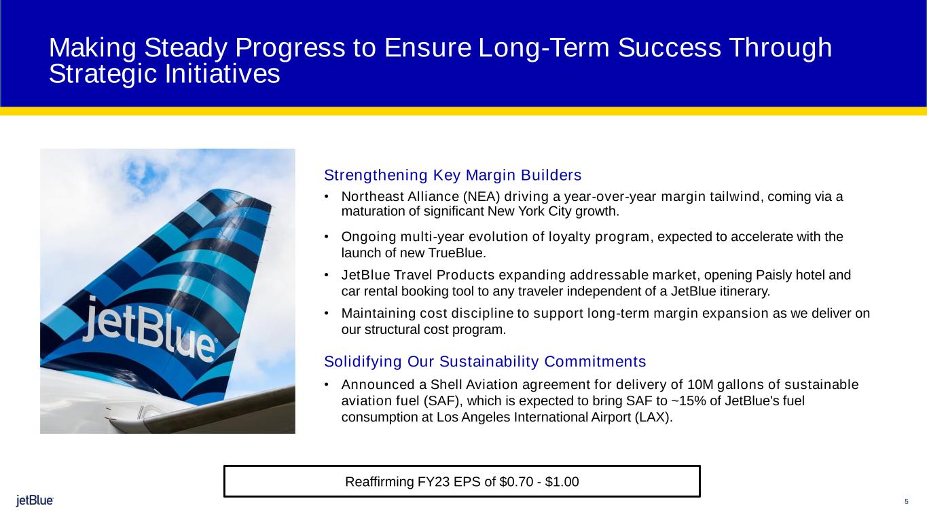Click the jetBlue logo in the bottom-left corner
pyautogui.click(x=35, y=500)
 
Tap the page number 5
pyautogui.click(x=907, y=502)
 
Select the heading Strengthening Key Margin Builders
pyautogui.click(x=453, y=175)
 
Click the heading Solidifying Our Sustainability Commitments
pyautogui.click(x=485, y=362)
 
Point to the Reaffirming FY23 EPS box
pyautogui.click(x=462, y=481)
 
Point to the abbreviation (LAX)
pyautogui.click(x=653, y=417)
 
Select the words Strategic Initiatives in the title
pyautogui.click(x=164, y=73)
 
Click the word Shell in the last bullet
pyautogui.click(x=446, y=385)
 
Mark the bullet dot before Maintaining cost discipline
pyautogui.click(x=327, y=313)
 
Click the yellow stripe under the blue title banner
pyautogui.click(x=463, y=111)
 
